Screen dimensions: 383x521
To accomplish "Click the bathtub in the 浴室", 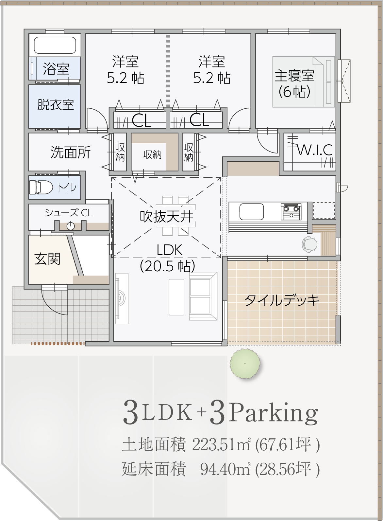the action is click(x=55, y=45).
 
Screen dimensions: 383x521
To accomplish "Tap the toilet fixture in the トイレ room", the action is click(x=41, y=187).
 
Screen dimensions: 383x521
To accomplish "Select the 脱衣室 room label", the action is click(x=56, y=105).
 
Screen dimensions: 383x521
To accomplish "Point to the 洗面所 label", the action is click(x=70, y=153).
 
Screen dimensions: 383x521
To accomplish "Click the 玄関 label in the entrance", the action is click(x=47, y=259).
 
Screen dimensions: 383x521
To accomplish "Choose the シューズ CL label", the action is click(x=69, y=213).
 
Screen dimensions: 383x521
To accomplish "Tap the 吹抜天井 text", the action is click(x=166, y=217).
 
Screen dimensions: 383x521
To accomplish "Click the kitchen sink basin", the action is click(x=252, y=212).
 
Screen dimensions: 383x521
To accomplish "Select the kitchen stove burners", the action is click(x=291, y=212).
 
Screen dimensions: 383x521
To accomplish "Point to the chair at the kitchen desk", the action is click(x=309, y=244).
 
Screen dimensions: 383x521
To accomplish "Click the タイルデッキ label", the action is click(x=282, y=300).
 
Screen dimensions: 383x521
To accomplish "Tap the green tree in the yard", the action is click(x=245, y=364).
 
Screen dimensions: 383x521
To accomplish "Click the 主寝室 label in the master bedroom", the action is click(x=294, y=76).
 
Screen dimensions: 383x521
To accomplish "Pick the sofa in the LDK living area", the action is click(x=203, y=296).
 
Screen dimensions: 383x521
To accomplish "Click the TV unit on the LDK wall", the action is click(x=122, y=299).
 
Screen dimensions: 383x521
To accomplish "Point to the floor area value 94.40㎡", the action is click(x=225, y=469).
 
